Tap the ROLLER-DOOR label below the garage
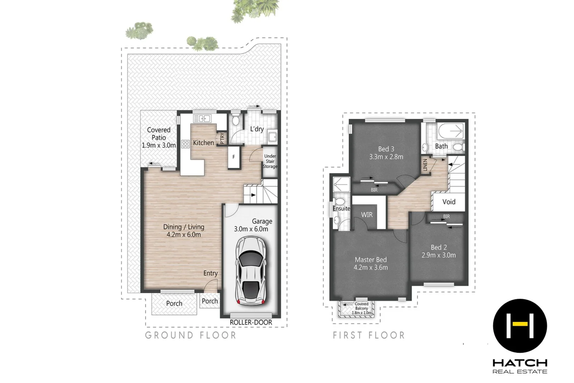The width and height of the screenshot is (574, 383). coord(251,322)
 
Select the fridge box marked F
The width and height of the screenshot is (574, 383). coord(234,157)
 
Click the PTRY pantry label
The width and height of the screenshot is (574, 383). coord(222,138)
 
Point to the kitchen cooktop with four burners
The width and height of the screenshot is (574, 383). coord(185,144)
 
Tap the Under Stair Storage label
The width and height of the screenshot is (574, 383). coord(270,161)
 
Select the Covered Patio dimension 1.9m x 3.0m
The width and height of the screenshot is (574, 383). coord(159,145)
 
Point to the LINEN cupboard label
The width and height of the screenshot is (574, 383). coord(425,165)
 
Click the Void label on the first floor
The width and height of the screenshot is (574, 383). coord(449,202)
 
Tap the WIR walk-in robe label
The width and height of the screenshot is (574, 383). coord(367,215)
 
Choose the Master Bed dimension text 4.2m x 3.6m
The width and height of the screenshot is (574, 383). coord(371,268)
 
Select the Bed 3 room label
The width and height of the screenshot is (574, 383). coord(386,149)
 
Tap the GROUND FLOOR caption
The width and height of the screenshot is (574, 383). coord(191,335)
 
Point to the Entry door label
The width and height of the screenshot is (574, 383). coord(210,273)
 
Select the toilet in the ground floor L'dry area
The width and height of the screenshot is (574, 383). coord(235,120)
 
